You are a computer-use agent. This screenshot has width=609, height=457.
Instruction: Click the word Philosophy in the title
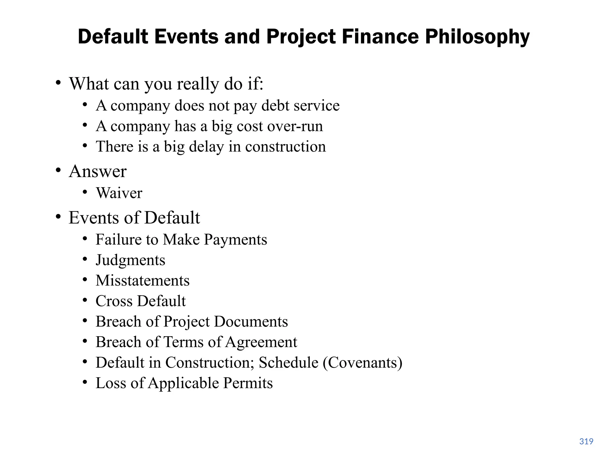coord(477,37)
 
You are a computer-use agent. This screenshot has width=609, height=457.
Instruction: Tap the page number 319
coord(586,441)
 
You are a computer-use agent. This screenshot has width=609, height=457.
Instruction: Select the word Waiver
coord(119,193)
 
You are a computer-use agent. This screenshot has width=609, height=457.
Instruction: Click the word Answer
coord(98,171)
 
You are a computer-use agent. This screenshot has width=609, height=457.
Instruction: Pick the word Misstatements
coord(142,281)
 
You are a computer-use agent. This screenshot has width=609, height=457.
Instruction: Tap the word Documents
coord(251,322)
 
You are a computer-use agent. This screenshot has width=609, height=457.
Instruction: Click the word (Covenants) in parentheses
coord(362,363)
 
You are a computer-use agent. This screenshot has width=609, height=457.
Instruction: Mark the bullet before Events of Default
coord(59,217)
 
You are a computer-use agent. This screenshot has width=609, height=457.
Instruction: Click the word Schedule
coord(288,363)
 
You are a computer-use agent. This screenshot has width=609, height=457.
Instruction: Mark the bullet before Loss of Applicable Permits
coord(85,382)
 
